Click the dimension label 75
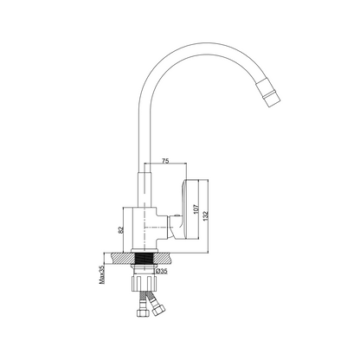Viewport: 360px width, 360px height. [165, 161]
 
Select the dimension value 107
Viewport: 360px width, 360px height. [196, 209]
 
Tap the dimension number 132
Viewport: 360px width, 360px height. [205, 215]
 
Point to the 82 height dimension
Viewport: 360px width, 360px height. [121, 229]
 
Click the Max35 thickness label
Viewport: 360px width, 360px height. [102, 275]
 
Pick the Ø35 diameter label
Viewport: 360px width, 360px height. [162, 271]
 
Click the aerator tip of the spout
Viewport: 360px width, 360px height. [268, 93]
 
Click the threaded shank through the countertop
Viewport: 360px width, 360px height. [145, 258]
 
